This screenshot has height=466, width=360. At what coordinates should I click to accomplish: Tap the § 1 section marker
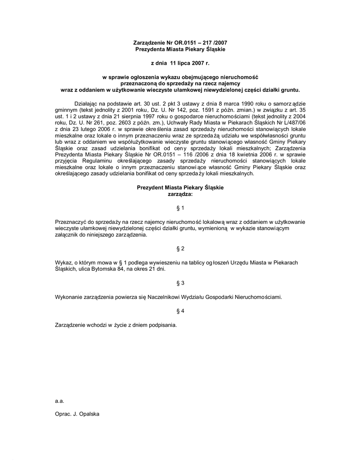tap(180, 208)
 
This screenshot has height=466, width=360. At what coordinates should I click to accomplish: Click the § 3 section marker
tap(180, 283)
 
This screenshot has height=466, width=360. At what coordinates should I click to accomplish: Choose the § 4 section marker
tap(180, 311)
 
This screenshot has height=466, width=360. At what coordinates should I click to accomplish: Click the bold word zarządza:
tap(180, 193)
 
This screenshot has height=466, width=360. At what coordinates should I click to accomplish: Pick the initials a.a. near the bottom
tap(59, 401)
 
